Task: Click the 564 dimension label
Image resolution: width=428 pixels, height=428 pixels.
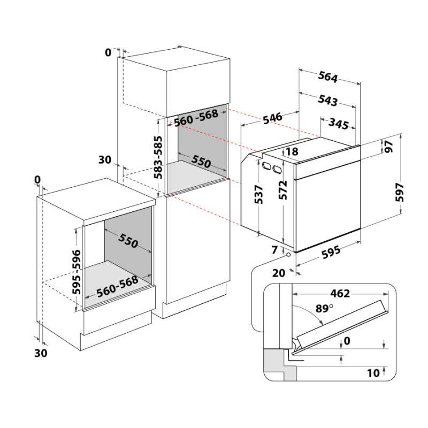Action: coord(328,77)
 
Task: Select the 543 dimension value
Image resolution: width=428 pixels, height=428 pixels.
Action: coord(328,101)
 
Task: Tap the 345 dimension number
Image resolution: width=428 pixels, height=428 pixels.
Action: coord(339,124)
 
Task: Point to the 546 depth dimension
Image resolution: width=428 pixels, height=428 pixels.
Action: coord(272,118)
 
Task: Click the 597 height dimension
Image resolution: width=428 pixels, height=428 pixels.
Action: coord(400,192)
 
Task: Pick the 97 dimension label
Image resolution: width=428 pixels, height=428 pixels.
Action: coord(389,146)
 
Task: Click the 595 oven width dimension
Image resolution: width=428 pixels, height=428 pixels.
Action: coord(331,251)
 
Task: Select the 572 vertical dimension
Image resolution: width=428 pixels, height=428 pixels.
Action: coord(283,190)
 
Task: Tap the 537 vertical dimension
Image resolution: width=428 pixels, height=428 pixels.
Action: coord(258,194)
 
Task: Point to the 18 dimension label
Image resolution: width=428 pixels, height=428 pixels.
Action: coord(292,151)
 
